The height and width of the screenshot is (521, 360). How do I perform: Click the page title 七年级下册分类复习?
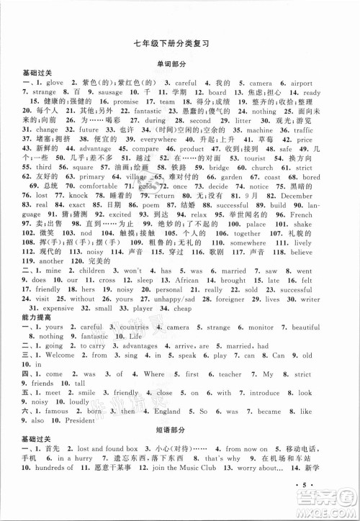pyautogui.click(x=181, y=43)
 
